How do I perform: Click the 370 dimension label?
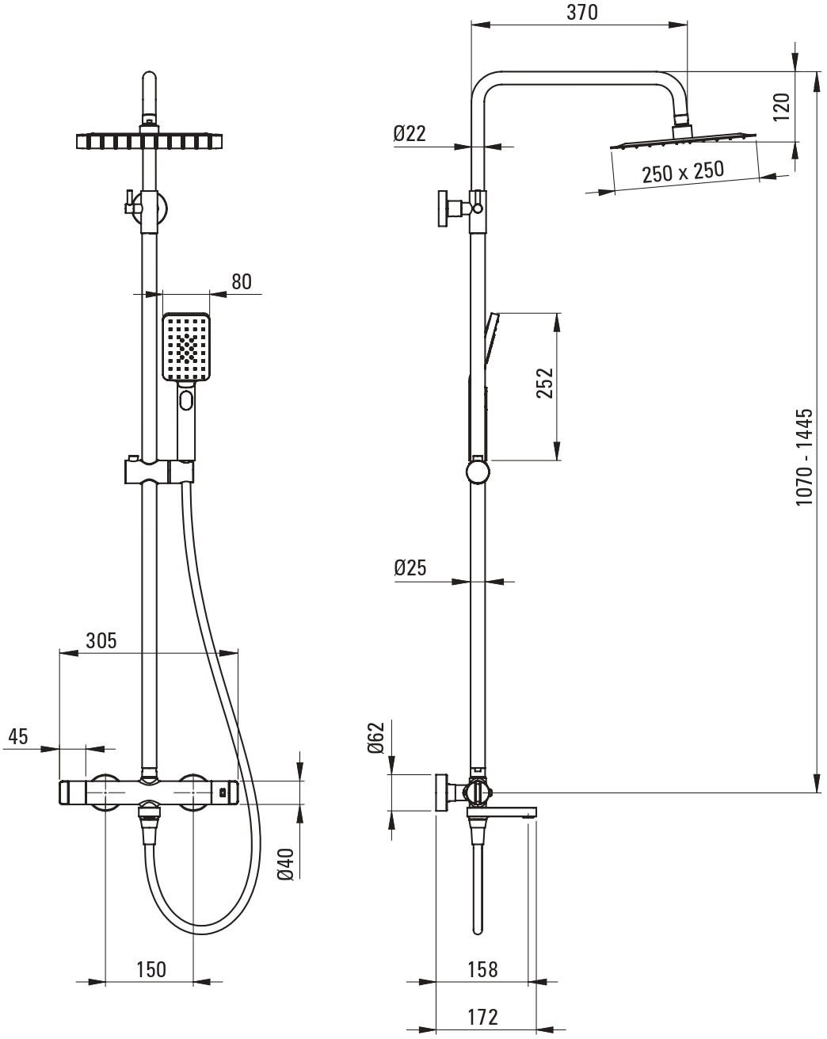pyautogui.click(x=582, y=13)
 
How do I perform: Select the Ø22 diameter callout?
pyautogui.click(x=410, y=133)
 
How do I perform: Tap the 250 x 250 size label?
pyautogui.click(x=683, y=171)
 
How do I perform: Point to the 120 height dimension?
pyautogui.click(x=781, y=107)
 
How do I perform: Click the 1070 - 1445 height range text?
pyautogui.click(x=804, y=456)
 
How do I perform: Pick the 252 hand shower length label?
pyautogui.click(x=545, y=383)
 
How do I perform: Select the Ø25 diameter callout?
pyautogui.click(x=410, y=567)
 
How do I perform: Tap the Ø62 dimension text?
pyautogui.click(x=375, y=738)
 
